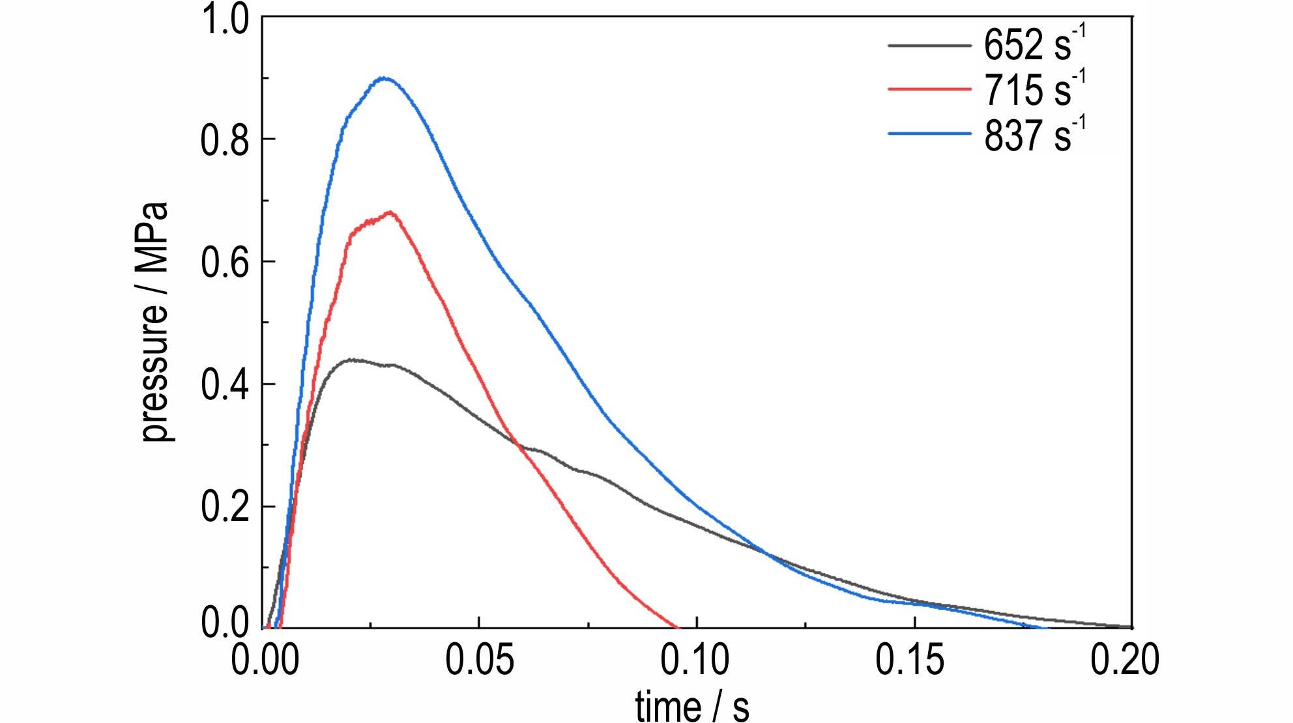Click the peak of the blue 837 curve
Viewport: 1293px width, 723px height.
(385, 78)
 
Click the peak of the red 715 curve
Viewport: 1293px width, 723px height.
(390, 212)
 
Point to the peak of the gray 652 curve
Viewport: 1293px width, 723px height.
(351, 360)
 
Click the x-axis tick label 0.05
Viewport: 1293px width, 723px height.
(479, 660)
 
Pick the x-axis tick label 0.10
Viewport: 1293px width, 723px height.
(696, 660)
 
